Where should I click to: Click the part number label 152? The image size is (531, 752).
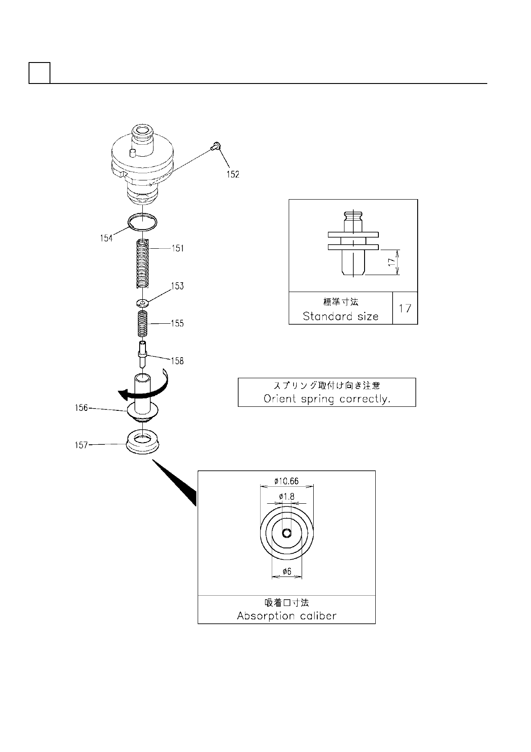coord(232,174)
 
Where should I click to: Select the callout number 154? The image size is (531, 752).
coord(106,238)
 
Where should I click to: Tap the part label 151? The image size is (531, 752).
coord(178,248)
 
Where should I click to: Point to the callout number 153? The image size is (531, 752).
coord(177,286)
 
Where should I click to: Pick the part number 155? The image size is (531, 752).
coord(177,323)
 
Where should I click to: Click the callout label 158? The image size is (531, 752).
coord(177,360)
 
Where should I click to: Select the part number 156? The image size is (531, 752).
coord(81,408)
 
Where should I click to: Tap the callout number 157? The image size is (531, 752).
coord(81,445)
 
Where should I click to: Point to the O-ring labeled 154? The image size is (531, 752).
coord(142,221)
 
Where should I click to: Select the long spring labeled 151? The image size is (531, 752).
coord(142,263)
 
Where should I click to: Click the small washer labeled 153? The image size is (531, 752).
coord(142,303)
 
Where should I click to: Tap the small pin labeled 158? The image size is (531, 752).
coord(142,354)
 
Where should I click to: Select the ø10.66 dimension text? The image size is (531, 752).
coord(286,481)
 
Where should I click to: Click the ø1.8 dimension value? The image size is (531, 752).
coord(286,497)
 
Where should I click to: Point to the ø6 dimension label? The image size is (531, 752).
coord(286,571)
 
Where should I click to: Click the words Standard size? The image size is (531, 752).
coord(340,316)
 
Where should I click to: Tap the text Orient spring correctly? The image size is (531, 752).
coord(327,398)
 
